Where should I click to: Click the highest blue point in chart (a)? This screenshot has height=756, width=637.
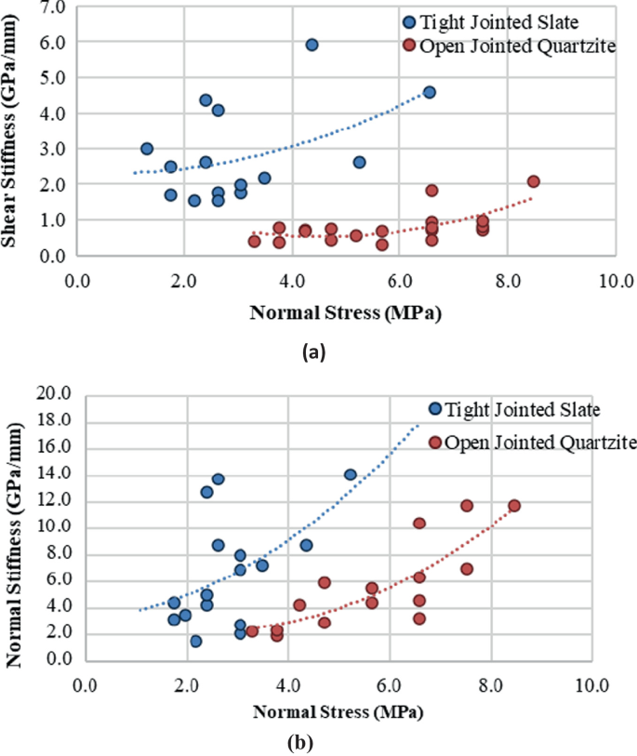pyautogui.click(x=312, y=45)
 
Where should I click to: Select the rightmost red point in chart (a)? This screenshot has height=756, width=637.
pyautogui.click(x=533, y=181)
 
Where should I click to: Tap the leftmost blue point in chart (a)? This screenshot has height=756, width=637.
pyautogui.click(x=147, y=149)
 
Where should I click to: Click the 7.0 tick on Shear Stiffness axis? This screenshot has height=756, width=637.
pyautogui.click(x=53, y=7)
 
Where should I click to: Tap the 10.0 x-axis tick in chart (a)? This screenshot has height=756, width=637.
pyautogui.click(x=615, y=278)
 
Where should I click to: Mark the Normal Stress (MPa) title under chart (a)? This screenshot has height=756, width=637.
pyautogui.click(x=345, y=313)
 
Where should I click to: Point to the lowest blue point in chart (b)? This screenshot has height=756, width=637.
pyautogui.click(x=195, y=642)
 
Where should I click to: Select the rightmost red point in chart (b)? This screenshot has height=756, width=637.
pyautogui.click(x=514, y=506)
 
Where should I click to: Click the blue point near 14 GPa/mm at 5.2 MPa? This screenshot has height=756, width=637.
pyautogui.click(x=351, y=474)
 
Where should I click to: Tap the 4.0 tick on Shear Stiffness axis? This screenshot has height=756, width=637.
pyautogui.click(x=53, y=113)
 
